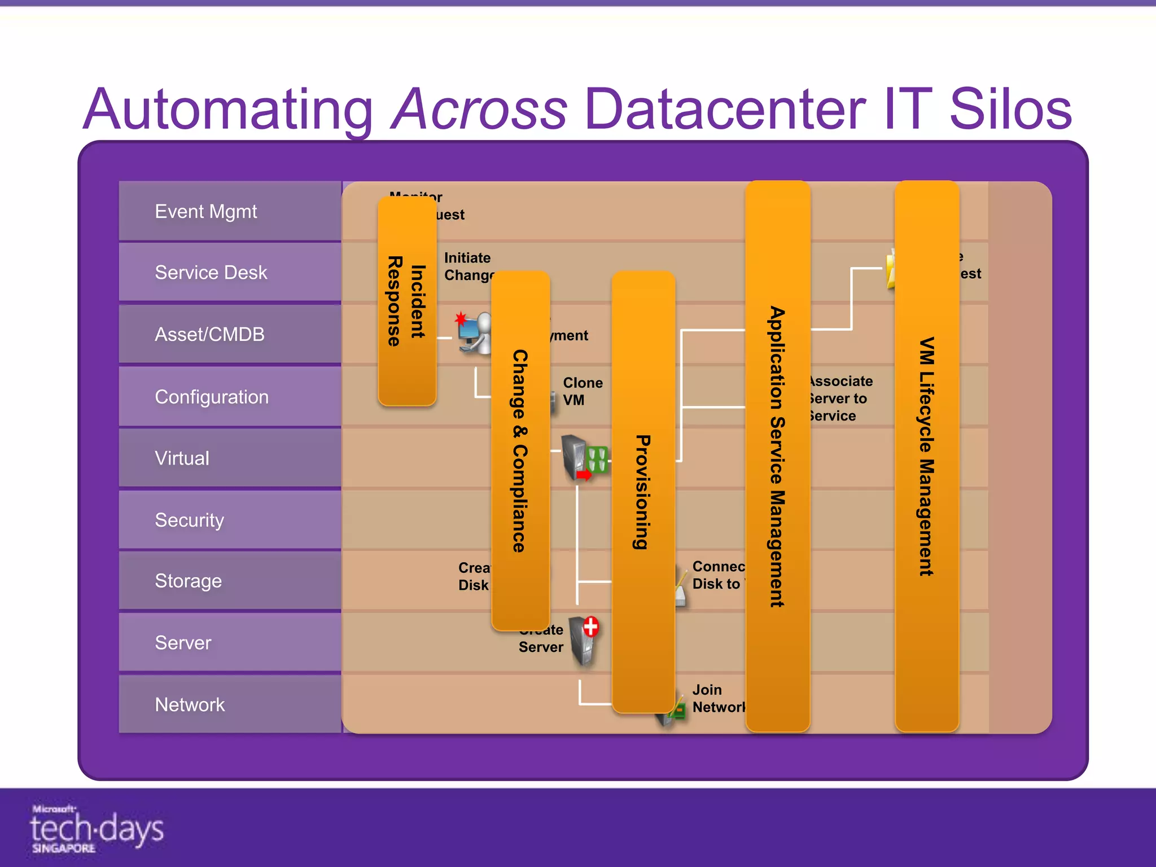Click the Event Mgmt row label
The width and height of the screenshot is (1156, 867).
pyautogui.click(x=206, y=212)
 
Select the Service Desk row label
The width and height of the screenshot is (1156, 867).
pyautogui.click(x=211, y=273)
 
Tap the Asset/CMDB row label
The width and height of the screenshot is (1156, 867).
pyautogui.click(x=209, y=334)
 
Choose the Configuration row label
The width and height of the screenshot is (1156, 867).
pyautogui.click(x=212, y=397)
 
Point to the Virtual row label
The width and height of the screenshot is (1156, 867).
pyautogui.click(x=182, y=458)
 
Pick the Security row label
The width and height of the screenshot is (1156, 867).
pyautogui.click(x=189, y=520)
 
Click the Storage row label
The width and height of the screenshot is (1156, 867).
pyautogui.click(x=188, y=581)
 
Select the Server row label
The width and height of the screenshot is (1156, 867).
pyautogui.click(x=183, y=642)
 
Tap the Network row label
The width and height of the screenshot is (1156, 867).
pyautogui.click(x=190, y=704)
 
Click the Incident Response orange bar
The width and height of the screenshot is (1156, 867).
pyautogui.click(x=406, y=301)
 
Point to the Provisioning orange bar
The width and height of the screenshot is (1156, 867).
pyautogui.click(x=643, y=491)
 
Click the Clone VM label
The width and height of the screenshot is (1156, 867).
pyautogui.click(x=582, y=391)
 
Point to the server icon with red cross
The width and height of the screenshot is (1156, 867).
pyautogui.click(x=584, y=641)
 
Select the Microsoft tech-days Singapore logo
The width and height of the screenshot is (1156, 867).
pyautogui.click(x=96, y=829)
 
